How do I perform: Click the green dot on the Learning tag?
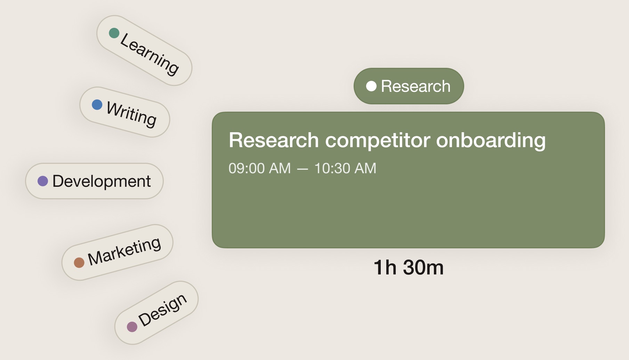click(x=114, y=33)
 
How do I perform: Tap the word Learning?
click(x=150, y=54)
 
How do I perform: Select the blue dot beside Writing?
click(x=97, y=104)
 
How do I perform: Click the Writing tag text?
click(x=131, y=114)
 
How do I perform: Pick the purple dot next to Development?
click(x=42, y=181)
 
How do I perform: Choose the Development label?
click(x=102, y=181)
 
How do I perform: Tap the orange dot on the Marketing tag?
click(x=79, y=262)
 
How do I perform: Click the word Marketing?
click(x=124, y=251)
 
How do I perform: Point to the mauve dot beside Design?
click(x=132, y=327)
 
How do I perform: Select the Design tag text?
click(x=163, y=310)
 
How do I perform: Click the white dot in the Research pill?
click(x=371, y=86)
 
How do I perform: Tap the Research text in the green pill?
click(x=416, y=86)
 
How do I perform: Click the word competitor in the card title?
click(x=378, y=141)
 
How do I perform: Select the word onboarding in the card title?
click(x=491, y=141)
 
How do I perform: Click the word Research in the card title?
click(x=274, y=140)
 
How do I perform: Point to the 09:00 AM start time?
click(x=260, y=168)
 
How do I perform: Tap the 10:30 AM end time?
click(x=345, y=168)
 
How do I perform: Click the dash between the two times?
click(x=303, y=169)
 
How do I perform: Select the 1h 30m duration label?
click(x=409, y=268)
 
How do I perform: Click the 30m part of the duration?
click(x=424, y=268)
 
